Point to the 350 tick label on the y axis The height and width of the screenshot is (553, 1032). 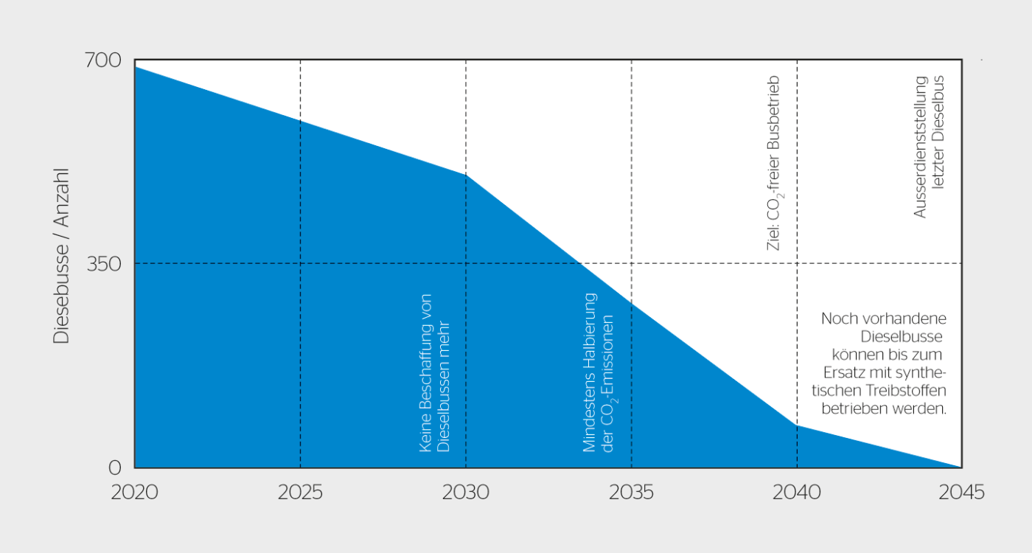(x=104, y=263)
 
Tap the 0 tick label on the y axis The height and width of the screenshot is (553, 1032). (x=115, y=467)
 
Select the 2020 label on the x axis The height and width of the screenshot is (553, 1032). (x=135, y=493)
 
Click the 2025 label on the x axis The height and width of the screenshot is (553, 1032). (x=300, y=493)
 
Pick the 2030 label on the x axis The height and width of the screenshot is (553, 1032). (x=466, y=493)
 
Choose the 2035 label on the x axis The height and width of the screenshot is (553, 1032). (x=631, y=493)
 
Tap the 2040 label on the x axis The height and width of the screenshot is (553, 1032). (x=797, y=493)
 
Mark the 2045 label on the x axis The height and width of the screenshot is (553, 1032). (x=961, y=493)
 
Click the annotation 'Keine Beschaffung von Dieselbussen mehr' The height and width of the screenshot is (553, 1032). (x=434, y=372)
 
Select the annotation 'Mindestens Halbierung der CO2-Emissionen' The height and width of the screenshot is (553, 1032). (x=599, y=372)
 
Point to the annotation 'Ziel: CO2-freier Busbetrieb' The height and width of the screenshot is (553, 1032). (x=773, y=162)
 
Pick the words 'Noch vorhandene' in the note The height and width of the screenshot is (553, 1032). (x=884, y=319)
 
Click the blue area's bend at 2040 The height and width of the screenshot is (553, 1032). (x=797, y=425)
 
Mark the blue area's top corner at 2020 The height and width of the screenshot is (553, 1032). (x=136, y=67)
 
